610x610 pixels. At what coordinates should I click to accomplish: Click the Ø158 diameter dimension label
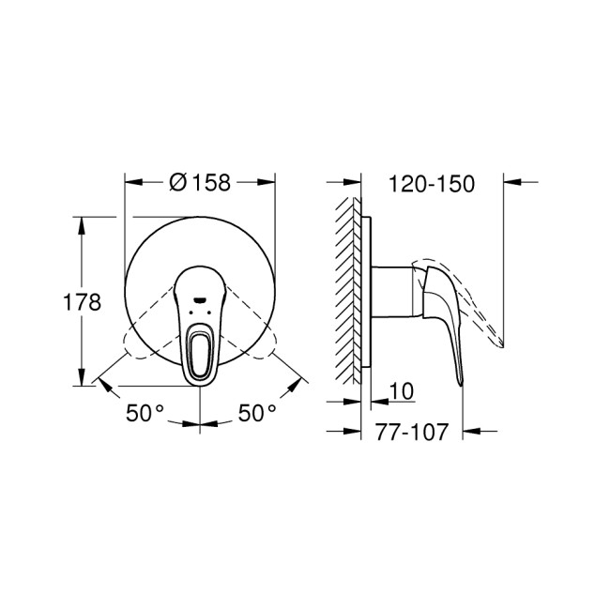tap(200, 183)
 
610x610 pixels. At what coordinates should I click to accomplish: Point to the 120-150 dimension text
tap(431, 183)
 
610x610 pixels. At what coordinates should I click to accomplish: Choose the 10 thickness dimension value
tap(399, 389)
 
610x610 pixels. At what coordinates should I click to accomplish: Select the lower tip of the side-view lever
tap(461, 381)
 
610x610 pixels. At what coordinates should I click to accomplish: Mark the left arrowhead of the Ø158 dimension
tap(131, 183)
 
